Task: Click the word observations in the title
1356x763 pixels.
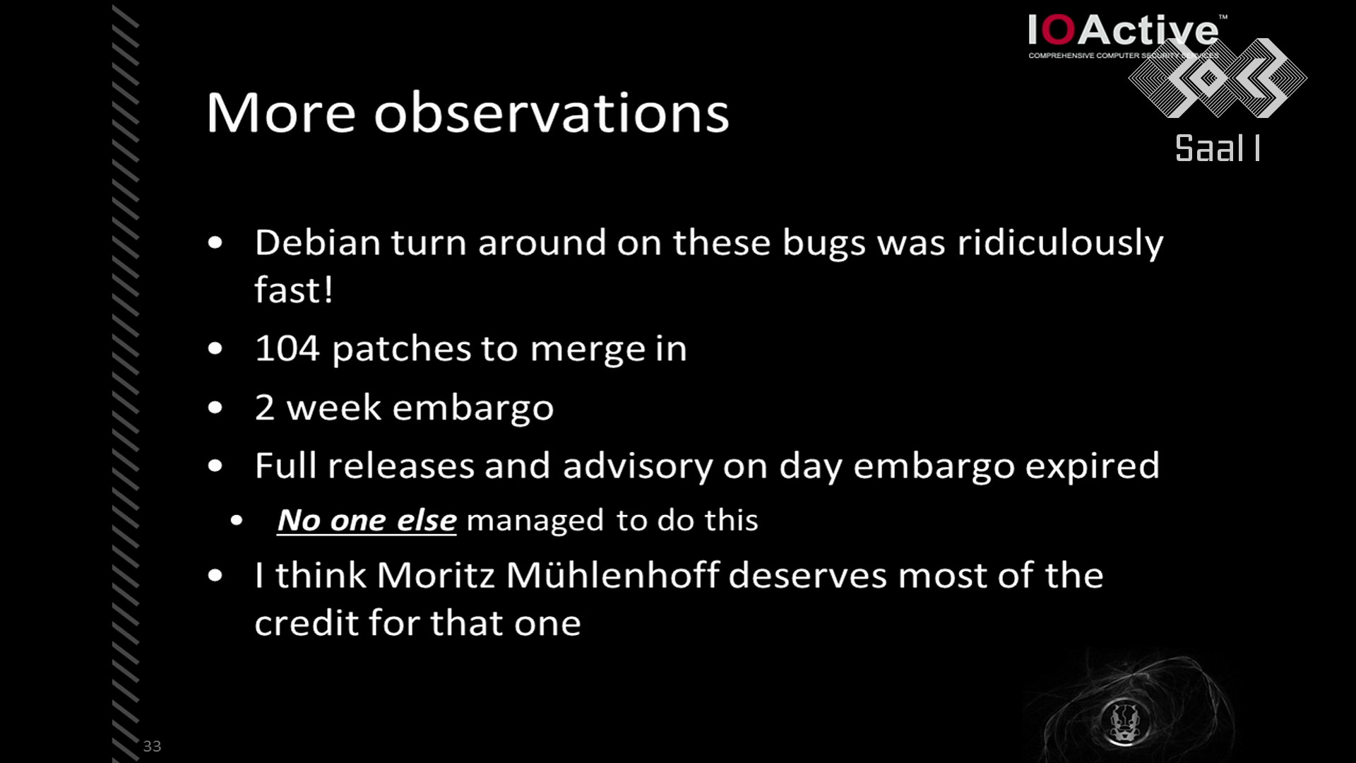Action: point(551,113)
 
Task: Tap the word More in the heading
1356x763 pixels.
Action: point(281,113)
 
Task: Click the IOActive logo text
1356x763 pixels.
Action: point(1123,31)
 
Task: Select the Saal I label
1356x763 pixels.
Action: point(1218,148)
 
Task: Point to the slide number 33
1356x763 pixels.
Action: point(152,746)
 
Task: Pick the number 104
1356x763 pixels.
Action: point(287,348)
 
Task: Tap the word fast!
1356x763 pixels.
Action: point(293,290)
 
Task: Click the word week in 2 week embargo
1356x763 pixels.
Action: point(334,408)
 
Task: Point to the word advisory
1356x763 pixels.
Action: point(638,467)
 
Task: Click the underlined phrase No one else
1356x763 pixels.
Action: point(367,521)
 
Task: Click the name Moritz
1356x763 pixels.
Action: point(436,575)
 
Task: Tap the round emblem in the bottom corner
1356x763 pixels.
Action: point(1124,721)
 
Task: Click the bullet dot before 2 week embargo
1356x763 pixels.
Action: point(215,408)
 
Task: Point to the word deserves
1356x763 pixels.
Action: point(807,576)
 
